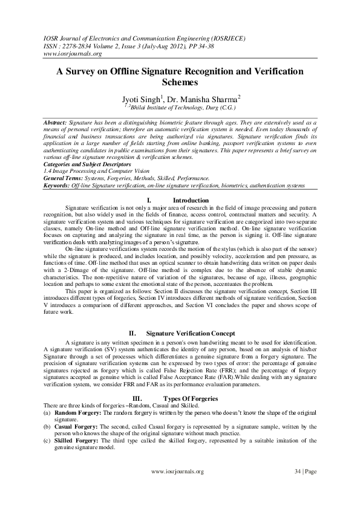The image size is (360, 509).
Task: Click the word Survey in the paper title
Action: (84, 71)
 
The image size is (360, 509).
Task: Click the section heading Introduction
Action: (191, 200)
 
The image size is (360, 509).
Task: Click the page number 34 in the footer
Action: (296, 471)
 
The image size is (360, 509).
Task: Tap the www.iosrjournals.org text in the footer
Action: (177, 471)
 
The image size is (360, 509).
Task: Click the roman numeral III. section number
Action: (137, 398)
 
